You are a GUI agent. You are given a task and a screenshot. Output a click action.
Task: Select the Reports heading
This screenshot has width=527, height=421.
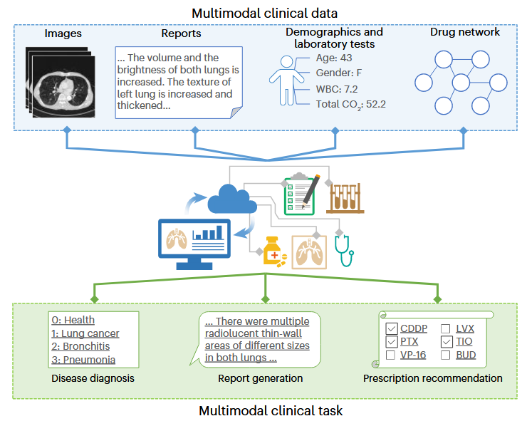(182, 33)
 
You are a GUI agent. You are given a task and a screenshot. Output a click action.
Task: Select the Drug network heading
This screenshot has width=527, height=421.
(464, 33)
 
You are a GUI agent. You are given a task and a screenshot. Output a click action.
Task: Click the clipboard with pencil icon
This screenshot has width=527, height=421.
(299, 194)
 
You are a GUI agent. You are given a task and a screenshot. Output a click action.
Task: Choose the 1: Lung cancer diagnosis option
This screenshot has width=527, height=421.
(85, 333)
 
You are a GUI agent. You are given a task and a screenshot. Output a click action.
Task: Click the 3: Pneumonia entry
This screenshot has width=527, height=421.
(83, 360)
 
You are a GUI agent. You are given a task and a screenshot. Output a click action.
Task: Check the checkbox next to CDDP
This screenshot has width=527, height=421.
(390, 328)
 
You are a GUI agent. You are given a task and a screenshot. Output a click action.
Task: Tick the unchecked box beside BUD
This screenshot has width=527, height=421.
(445, 355)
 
